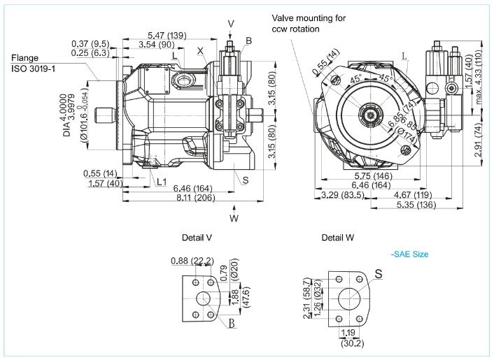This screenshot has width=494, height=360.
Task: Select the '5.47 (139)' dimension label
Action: (x=167, y=35)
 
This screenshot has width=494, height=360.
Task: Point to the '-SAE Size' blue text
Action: (x=409, y=254)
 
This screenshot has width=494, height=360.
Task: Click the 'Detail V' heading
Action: (x=197, y=238)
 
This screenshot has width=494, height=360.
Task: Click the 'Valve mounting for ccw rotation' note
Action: (x=309, y=23)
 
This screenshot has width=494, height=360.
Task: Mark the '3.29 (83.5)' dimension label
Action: (x=342, y=195)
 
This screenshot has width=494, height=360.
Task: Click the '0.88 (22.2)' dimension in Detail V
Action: (x=191, y=261)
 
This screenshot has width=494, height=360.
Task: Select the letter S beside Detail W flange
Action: (x=379, y=274)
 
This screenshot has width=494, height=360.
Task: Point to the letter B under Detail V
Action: (x=231, y=323)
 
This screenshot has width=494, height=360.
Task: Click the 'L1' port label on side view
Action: (x=162, y=182)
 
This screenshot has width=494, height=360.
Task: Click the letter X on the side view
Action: (x=200, y=51)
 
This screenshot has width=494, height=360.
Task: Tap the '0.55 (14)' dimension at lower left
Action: (x=100, y=173)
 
